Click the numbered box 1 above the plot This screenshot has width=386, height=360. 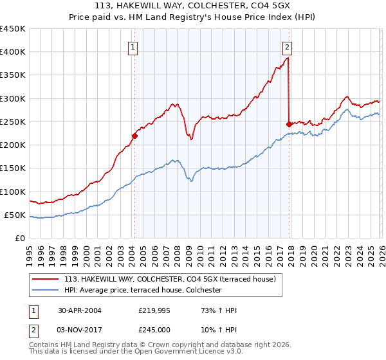tap(133, 46)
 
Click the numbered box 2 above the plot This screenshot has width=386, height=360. tap(286, 46)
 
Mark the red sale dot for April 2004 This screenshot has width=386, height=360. tap(134, 136)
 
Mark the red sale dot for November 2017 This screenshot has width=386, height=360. tap(289, 124)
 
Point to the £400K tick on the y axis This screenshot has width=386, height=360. tap(13, 52)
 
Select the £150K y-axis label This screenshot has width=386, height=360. tap(13, 168)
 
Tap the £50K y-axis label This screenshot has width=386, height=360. tap(15, 215)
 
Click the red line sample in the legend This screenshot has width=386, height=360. tap(46, 279)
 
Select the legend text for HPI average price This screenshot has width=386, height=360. tap(142, 290)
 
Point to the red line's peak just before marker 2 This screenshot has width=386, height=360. tap(287, 58)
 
